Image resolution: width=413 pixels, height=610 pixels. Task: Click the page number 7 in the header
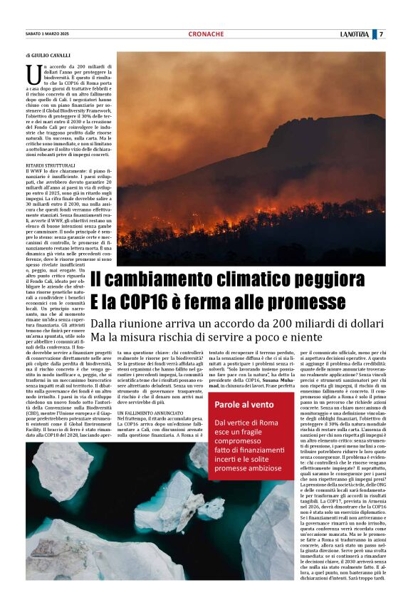(x=381, y=34)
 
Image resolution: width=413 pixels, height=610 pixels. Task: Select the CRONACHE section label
(x=206, y=34)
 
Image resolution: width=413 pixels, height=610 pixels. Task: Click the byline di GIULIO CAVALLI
(x=51, y=55)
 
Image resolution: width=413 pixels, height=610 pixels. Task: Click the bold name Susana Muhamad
(x=274, y=383)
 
